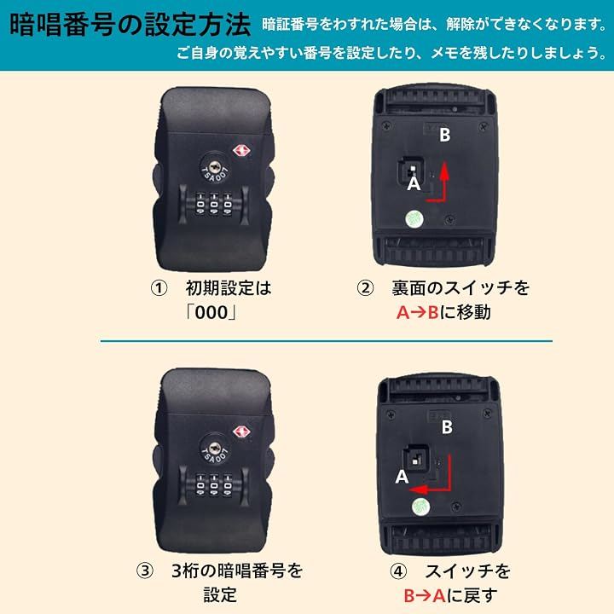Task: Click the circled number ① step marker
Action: [159, 288]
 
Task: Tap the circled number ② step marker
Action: [365, 288]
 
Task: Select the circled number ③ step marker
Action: [145, 571]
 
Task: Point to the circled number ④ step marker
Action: [398, 571]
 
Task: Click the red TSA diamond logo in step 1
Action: [241, 151]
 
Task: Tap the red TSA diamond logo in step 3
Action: [241, 432]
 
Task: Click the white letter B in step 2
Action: [445, 135]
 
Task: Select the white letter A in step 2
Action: [414, 183]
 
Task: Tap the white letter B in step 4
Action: [447, 427]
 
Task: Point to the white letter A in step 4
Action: [402, 477]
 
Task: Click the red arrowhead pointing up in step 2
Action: [444, 171]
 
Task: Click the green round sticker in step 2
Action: [414, 218]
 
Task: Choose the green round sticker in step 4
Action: [421, 507]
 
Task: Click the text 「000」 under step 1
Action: [211, 312]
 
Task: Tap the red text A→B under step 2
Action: [417, 312]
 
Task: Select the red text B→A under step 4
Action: [425, 596]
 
